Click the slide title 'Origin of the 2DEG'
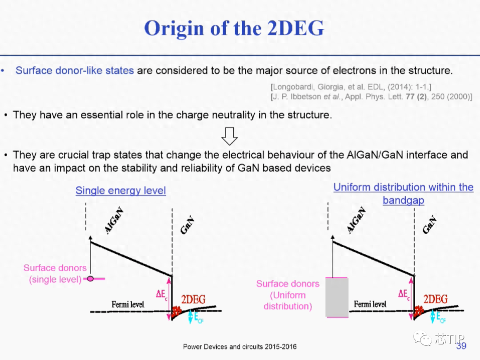(234, 28)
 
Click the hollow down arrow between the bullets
(229, 136)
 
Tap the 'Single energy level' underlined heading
(120, 190)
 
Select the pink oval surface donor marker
(90, 279)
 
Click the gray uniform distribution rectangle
(337, 297)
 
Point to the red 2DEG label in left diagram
(193, 300)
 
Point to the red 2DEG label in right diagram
(435, 299)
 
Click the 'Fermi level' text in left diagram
(128, 304)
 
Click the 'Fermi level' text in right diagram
(370, 304)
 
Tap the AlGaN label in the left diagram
(114, 220)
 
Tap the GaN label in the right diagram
(429, 224)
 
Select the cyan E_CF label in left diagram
(199, 317)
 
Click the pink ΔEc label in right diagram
(404, 295)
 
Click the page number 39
(461, 346)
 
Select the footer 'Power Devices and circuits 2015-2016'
(240, 347)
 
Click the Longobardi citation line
(351, 87)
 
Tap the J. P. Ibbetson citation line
(371, 97)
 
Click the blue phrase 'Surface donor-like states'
(75, 70)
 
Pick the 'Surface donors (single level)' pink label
(55, 273)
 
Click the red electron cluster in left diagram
(176, 311)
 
